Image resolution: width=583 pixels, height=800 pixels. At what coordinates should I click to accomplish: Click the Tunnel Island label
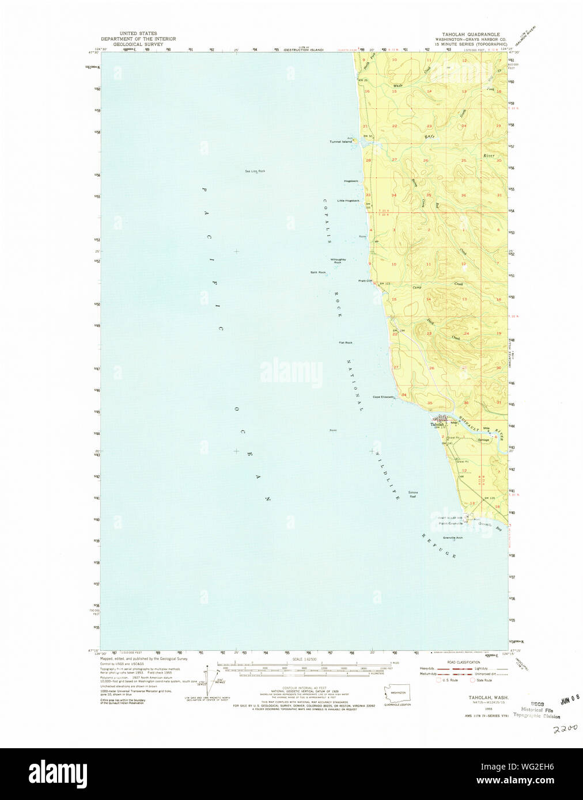340,142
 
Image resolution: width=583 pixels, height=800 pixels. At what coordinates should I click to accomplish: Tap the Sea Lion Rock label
255,171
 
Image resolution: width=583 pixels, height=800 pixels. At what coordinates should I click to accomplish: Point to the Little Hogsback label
348,200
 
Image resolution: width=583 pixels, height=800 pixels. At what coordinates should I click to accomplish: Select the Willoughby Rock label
338,261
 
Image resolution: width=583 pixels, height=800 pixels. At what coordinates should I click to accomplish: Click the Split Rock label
318,272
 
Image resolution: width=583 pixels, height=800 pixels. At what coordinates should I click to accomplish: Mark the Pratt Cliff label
365,281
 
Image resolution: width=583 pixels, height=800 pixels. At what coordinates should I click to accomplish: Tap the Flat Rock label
346,342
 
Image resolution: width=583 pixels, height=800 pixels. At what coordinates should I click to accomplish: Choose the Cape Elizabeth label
383,397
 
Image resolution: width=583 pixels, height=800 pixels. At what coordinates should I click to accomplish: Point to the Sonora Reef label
412,494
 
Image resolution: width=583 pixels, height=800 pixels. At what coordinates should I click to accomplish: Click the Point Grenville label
451,523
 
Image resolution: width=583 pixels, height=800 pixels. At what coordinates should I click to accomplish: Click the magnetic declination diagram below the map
210,680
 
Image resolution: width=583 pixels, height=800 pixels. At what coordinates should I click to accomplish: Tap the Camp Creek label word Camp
417,287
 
